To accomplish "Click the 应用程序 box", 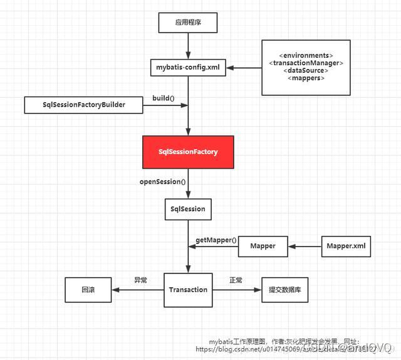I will click(x=188, y=24).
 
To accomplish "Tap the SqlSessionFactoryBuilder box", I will click(x=85, y=105).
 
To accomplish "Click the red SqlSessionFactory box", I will click(x=188, y=152).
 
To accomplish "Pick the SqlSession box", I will click(x=188, y=208).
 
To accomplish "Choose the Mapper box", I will click(x=263, y=246).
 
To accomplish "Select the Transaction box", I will click(x=188, y=290).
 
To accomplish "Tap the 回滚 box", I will click(x=88, y=290).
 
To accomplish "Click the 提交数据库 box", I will click(x=285, y=290).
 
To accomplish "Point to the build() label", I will click(x=164, y=98).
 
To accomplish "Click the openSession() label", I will click(x=163, y=181).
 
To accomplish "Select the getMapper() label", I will click(x=216, y=240).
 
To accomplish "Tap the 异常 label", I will click(x=140, y=280).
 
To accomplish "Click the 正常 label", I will click(x=236, y=280).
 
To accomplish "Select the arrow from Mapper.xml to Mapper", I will click(x=305, y=246).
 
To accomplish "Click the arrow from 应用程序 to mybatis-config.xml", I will click(x=188, y=45).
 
